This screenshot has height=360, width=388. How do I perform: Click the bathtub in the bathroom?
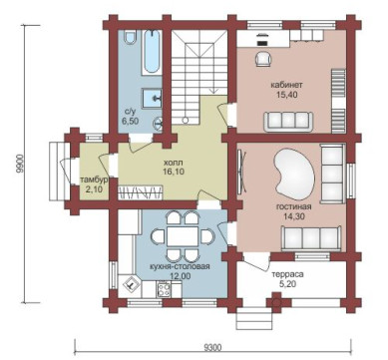153,52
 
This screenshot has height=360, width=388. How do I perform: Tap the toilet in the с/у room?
130,37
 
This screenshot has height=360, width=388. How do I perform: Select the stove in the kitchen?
164,289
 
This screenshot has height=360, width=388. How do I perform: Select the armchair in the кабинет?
263,59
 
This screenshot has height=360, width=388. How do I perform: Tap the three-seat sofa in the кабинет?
288,121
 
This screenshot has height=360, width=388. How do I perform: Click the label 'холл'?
174,164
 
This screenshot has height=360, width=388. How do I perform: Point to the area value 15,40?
286,95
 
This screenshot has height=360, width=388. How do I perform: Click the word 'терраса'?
287,275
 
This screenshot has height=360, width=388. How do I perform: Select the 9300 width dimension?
212,348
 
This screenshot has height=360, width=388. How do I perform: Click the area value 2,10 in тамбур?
94,189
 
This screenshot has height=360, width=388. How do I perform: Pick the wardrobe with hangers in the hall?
141,192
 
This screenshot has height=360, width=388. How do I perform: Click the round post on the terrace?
275,303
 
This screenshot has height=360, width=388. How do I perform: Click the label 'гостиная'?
294,206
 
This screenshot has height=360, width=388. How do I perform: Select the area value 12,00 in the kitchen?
181,276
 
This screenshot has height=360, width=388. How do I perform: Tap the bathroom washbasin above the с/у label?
153,98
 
